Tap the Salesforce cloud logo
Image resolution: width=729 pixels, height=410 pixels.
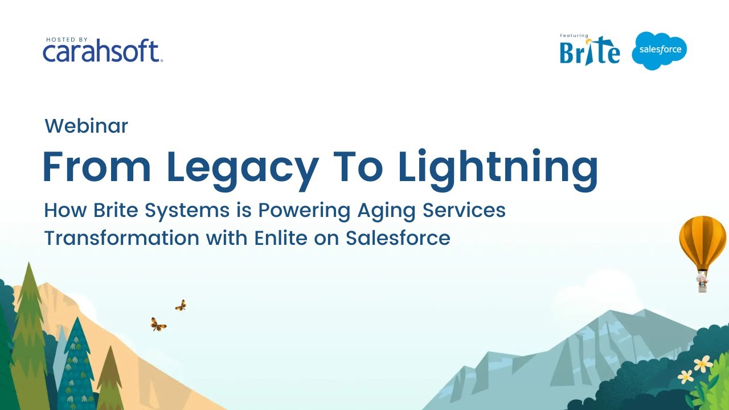pyautogui.click(x=660, y=50)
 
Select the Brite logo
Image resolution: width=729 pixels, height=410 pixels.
pyautogui.click(x=589, y=51)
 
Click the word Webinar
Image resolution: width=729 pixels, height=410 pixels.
pyautogui.click(x=86, y=126)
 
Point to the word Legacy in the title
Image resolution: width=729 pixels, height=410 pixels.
pyautogui.click(x=242, y=166)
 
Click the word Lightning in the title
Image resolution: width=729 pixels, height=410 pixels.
pyautogui.click(x=498, y=166)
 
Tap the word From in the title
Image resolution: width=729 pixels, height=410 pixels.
pyautogui.click(x=97, y=166)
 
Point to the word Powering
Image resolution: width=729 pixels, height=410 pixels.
pyautogui.click(x=304, y=210)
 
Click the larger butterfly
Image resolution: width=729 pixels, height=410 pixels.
pyautogui.click(x=158, y=325)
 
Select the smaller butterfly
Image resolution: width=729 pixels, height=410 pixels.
pyautogui.click(x=181, y=306)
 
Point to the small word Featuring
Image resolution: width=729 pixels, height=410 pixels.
pyautogui.click(x=574, y=36)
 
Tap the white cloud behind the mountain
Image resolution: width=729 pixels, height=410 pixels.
pyautogui.click(x=592, y=296)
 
